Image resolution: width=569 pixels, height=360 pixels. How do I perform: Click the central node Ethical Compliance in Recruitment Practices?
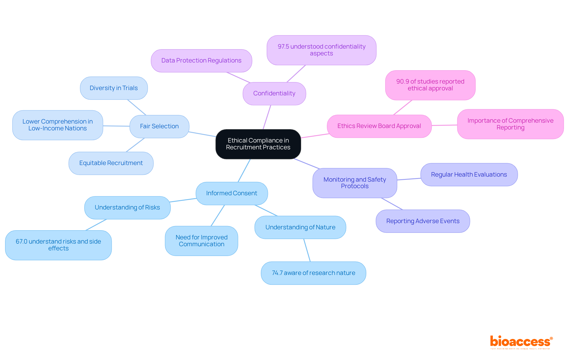[258, 144]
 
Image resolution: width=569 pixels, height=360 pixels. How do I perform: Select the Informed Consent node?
[231, 193]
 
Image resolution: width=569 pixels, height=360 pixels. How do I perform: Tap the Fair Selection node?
[159, 126]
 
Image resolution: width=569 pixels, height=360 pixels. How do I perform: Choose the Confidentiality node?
[274, 93]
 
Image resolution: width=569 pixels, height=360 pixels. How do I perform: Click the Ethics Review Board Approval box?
[379, 126]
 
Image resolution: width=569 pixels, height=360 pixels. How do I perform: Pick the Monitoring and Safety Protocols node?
[354, 183]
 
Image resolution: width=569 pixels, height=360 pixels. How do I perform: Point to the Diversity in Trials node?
[114, 88]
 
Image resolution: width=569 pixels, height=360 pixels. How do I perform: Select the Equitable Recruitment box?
[111, 163]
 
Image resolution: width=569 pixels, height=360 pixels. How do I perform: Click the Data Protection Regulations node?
[201, 60]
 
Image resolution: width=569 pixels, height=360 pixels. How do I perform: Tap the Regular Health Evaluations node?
[469, 175]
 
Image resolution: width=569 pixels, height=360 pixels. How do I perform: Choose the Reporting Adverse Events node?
[423, 221]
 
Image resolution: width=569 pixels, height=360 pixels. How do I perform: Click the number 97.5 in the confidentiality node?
[283, 47]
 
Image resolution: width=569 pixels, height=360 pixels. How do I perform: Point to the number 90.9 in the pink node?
[402, 81]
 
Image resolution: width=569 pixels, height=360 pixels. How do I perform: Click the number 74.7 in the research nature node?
[277, 273]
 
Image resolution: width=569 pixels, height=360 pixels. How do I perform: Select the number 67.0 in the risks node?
[21, 241]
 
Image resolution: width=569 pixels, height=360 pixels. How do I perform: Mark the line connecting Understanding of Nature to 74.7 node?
[307, 250]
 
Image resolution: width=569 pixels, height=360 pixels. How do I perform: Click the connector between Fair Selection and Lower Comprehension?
[116, 126]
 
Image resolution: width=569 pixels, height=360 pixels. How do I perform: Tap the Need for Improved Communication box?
[201, 241]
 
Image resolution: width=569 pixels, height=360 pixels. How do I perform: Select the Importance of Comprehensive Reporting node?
[510, 124]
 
